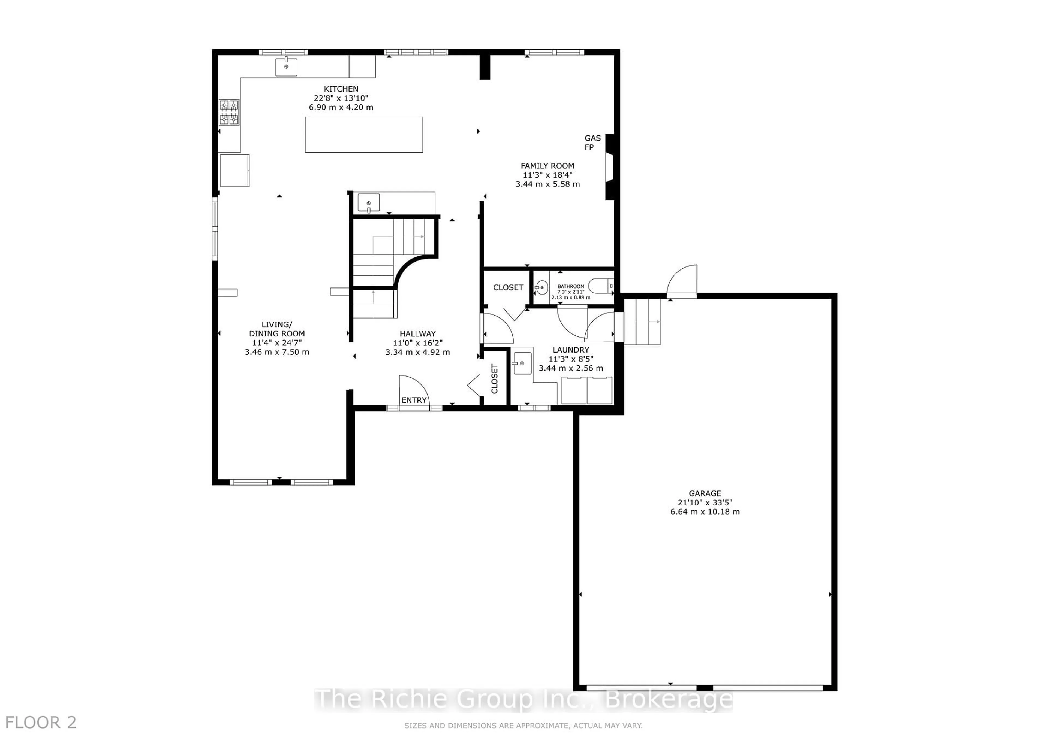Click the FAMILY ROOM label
point(547,166)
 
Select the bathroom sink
point(541,287)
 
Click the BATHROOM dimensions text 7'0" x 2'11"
point(570,292)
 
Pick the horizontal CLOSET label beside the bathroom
point(507,287)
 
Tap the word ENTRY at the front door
point(414,400)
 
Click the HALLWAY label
point(417,333)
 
